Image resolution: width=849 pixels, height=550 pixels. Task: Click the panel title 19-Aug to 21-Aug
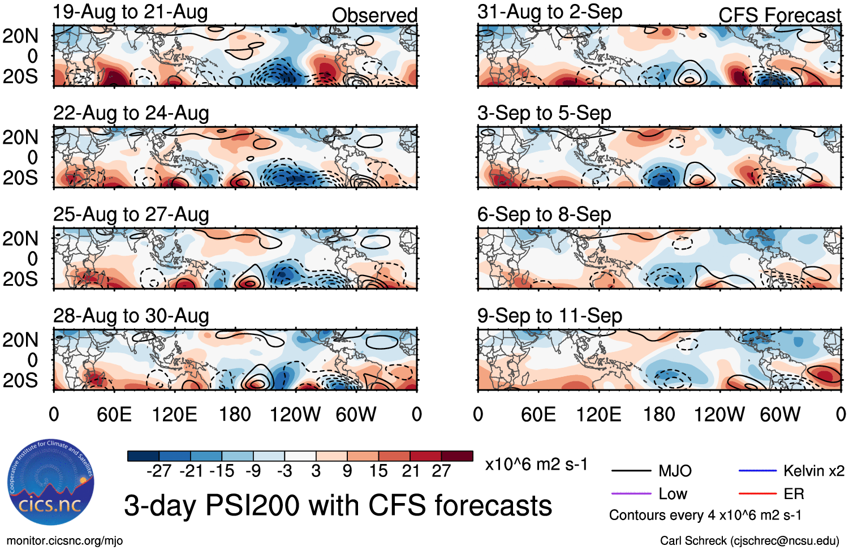coord(131,12)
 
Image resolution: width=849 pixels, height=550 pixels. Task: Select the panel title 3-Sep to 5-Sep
coord(544,113)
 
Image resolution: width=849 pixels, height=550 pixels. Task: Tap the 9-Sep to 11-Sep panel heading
coord(550,316)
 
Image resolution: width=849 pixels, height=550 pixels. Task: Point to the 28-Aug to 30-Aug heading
coord(131,316)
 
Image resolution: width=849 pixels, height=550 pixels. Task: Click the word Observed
coord(374,15)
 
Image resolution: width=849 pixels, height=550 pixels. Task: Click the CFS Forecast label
coord(779,15)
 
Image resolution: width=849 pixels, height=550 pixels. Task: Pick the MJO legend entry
coord(675,471)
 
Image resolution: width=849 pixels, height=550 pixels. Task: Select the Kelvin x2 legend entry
coord(813,471)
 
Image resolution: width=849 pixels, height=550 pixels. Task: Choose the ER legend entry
coord(794,494)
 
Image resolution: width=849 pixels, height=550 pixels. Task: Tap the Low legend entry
coord(673,494)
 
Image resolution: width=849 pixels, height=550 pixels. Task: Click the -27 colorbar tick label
coord(159,471)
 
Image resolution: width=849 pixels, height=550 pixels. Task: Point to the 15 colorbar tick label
coord(378,471)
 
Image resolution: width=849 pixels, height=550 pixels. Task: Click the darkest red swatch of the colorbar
coord(457,456)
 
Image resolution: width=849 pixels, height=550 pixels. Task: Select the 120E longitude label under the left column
coord(175,415)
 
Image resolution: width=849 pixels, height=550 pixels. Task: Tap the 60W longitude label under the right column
coord(780,415)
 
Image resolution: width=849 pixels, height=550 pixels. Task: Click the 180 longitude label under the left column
coord(235,415)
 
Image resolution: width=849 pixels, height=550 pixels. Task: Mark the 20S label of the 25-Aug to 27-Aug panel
coord(20,279)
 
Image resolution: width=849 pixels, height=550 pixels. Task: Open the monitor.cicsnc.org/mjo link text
coord(65,541)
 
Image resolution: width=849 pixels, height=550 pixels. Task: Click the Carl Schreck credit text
coord(749,541)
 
